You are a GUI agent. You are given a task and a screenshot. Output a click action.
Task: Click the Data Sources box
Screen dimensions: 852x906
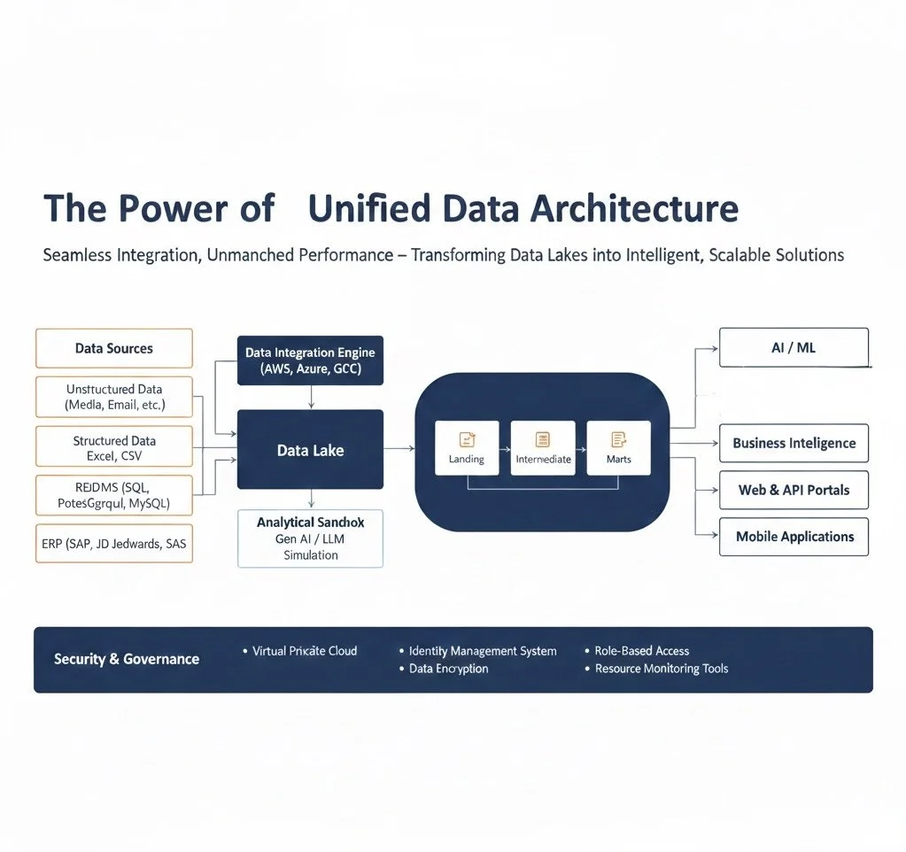coord(113,348)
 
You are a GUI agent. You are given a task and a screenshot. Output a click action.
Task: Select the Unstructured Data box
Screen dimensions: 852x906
coord(113,397)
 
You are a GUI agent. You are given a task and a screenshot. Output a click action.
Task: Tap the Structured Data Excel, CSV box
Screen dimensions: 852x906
coord(113,448)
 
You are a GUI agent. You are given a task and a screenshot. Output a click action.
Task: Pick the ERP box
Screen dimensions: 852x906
coord(113,544)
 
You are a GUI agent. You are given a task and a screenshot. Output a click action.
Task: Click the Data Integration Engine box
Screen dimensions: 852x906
coord(310,360)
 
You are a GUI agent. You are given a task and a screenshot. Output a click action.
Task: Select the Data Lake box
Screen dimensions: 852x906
coord(310,450)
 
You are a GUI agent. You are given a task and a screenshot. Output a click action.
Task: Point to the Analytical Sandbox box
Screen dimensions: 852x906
coord(310,538)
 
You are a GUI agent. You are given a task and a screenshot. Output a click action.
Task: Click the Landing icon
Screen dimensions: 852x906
coord(467,438)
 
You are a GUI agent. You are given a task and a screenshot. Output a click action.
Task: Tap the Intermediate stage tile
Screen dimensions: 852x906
coord(543,448)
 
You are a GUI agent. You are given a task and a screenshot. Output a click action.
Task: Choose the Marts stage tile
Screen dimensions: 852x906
coord(618,448)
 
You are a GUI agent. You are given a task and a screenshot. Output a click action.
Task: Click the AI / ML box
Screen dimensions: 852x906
coord(794,347)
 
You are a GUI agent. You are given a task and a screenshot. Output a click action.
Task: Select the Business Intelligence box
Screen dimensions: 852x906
coord(794,443)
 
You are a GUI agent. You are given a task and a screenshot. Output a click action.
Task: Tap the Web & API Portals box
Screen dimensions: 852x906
coord(794,490)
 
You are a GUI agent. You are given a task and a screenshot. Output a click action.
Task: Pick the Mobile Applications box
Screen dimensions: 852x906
coord(794,537)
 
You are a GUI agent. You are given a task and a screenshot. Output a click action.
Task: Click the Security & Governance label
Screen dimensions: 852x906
coord(127,659)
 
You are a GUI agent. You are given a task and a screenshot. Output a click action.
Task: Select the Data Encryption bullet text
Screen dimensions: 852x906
coord(448,669)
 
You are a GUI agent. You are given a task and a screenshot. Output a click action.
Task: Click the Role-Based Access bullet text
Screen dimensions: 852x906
coord(641,651)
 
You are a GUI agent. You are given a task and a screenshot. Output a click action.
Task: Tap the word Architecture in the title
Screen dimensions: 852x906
coord(634,208)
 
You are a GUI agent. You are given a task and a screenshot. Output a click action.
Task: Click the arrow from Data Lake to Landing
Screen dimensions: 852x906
coord(399,449)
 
